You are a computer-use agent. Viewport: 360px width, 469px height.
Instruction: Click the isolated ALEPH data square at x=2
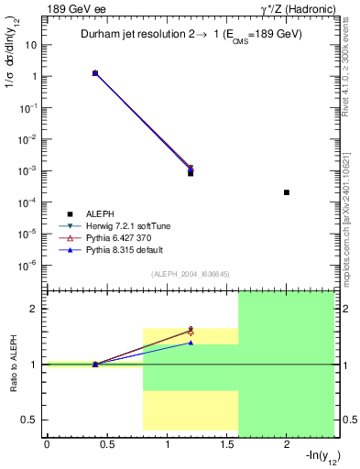[x=287, y=192]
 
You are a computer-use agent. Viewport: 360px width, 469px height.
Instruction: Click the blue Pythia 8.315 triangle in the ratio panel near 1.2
[x=191, y=343]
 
